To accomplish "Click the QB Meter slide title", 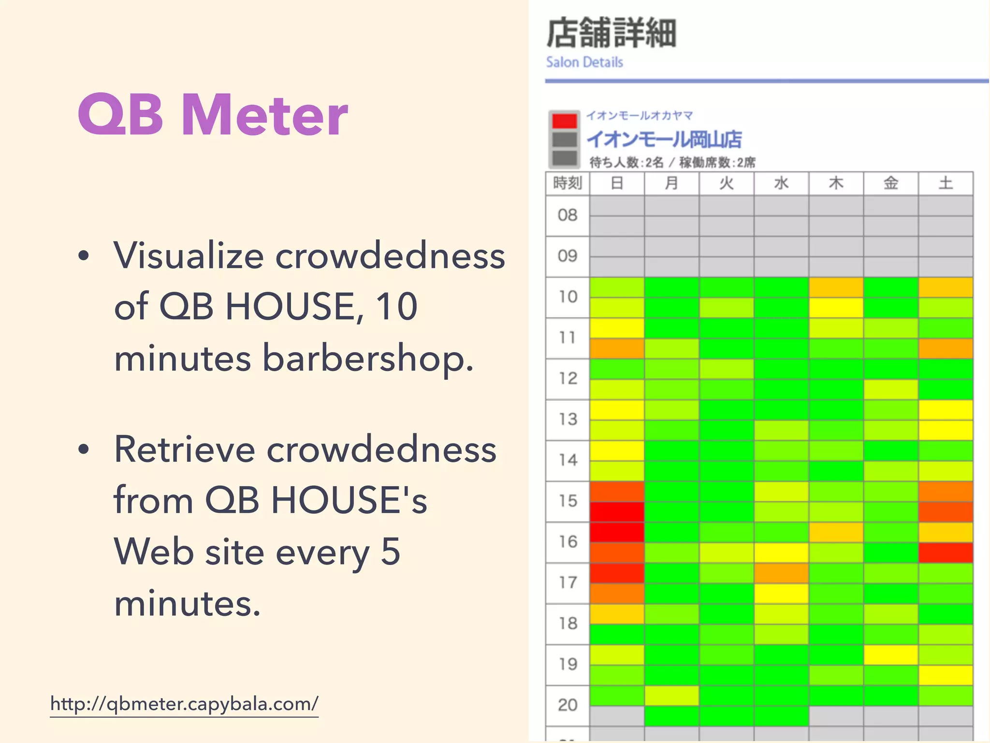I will tap(213, 115).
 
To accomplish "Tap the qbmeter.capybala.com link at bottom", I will tap(184, 704).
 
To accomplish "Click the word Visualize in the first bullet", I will tap(189, 255).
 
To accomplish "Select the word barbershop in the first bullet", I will tap(367, 359).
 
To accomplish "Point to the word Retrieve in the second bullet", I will tap(184, 450).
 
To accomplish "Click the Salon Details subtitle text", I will tap(584, 62).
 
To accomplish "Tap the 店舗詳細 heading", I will tap(611, 33).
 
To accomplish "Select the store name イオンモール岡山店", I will tap(664, 139).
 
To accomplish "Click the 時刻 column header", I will tap(568, 183).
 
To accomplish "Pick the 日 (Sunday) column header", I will tap(617, 183).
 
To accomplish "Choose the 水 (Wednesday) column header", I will tap(781, 183).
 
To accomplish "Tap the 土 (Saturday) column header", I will tap(946, 183).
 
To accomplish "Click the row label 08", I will tap(568, 215).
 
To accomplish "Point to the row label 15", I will tap(568, 501).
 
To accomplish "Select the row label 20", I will tap(568, 705).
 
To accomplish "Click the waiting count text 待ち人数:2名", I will tap(626, 163).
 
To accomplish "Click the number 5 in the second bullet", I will tap(390, 551).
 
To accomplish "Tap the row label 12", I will tap(568, 378).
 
